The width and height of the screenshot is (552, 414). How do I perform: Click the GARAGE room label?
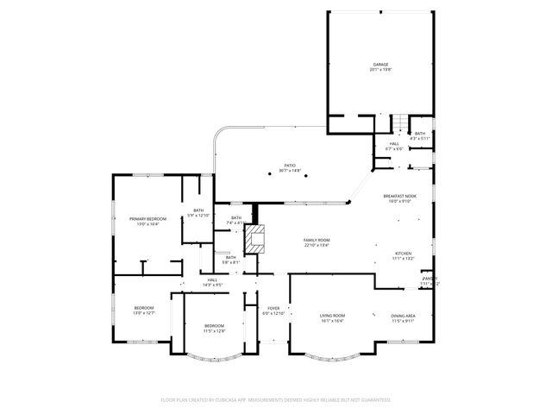(x=380, y=64)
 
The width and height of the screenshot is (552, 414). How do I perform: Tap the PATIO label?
(x=290, y=165)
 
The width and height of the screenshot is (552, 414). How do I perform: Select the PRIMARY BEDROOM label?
(x=147, y=219)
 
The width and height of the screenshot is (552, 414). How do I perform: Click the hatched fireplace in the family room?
(x=253, y=239)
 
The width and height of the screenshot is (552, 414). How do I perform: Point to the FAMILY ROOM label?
(x=317, y=240)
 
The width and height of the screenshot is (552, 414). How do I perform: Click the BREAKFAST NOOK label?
(x=399, y=196)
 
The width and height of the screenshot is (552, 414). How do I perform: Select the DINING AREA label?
(x=404, y=316)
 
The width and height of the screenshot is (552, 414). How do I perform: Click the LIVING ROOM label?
(x=332, y=316)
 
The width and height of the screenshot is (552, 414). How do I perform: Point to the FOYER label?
(x=273, y=308)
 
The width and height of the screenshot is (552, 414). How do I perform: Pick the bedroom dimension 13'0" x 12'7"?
(x=143, y=313)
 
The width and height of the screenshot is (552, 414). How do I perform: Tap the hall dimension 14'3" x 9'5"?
(x=212, y=285)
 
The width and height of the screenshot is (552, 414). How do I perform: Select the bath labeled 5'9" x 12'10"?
(x=198, y=216)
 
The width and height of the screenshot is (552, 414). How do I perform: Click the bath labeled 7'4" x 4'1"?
(x=235, y=223)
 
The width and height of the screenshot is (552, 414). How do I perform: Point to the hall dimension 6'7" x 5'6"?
(x=393, y=148)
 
